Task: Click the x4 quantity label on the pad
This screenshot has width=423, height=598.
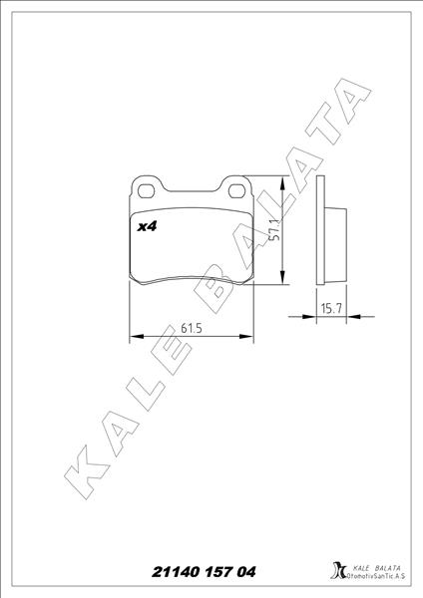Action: pyautogui.click(x=147, y=227)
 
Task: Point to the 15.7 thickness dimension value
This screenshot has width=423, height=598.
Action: pyautogui.click(x=331, y=309)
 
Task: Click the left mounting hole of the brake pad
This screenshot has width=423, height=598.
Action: pyautogui.click(x=147, y=187)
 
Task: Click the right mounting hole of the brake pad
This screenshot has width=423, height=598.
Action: pyautogui.click(x=237, y=187)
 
